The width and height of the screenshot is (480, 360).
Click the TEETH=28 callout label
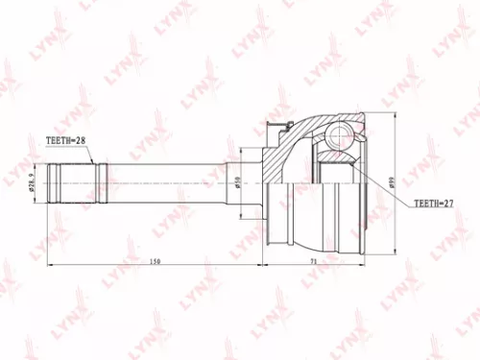66,140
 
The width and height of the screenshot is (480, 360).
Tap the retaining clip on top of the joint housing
281,126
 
